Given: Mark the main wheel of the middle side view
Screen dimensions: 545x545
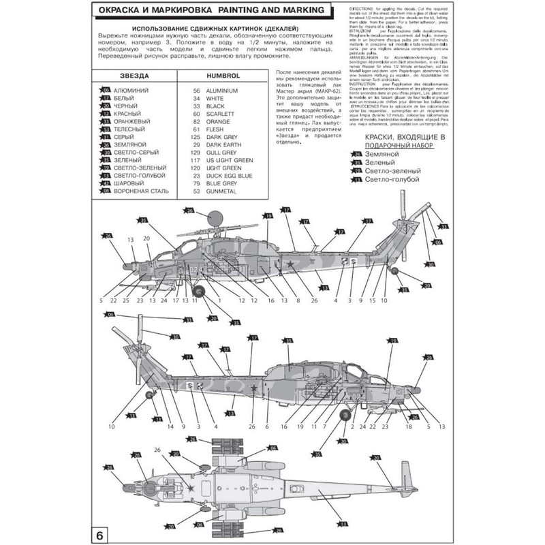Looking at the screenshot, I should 345,414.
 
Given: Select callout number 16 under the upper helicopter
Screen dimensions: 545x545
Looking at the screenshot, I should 270,300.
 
